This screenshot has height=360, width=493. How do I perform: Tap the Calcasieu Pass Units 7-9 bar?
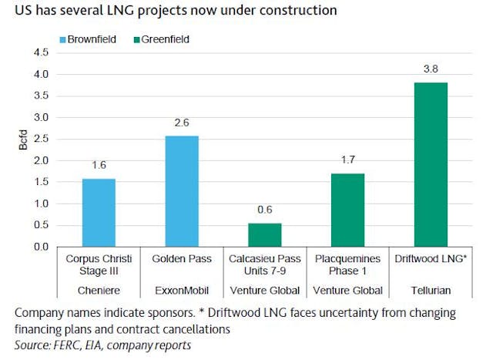266,234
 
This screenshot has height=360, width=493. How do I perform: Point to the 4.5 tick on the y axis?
40,52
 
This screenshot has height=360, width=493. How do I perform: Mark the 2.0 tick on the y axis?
40,160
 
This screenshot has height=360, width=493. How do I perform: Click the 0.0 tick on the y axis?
40,247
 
